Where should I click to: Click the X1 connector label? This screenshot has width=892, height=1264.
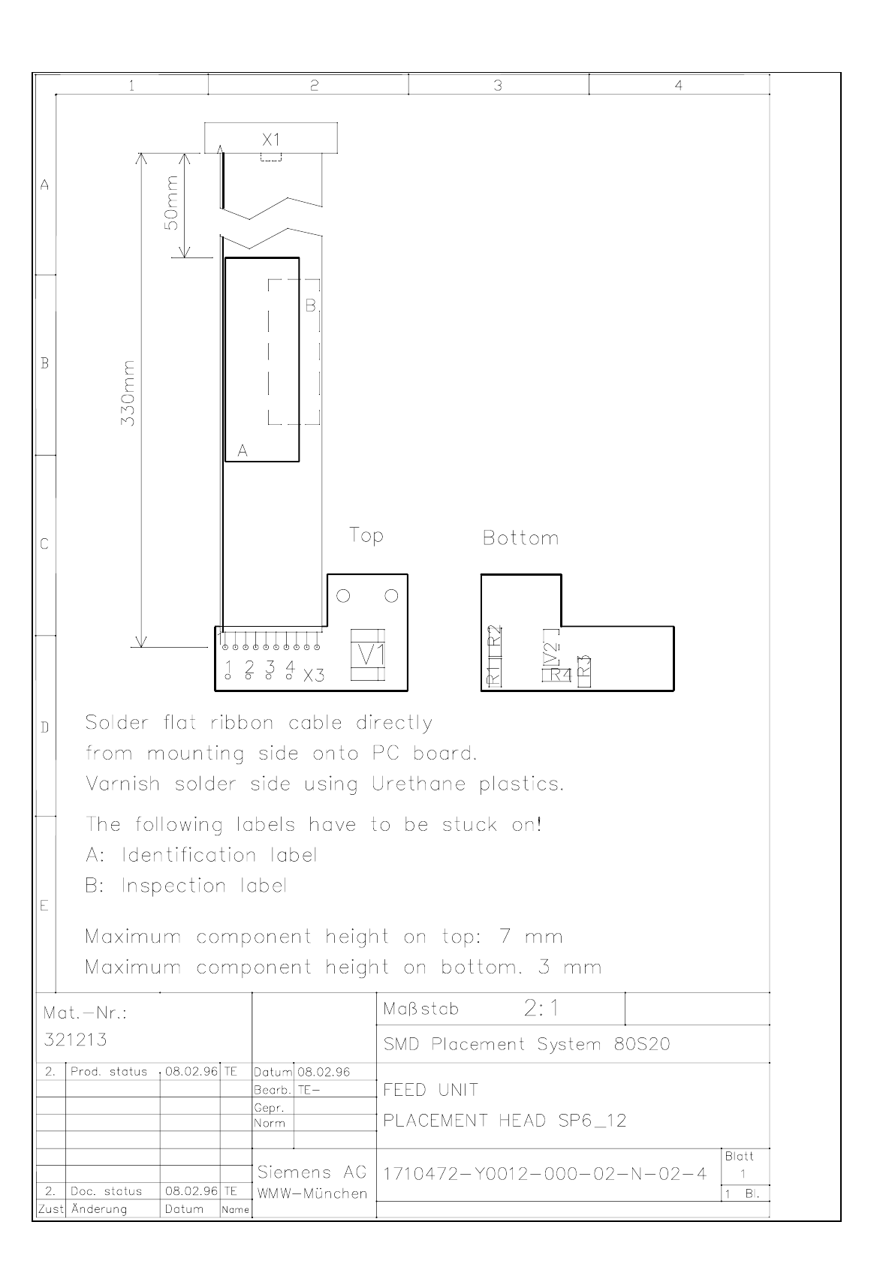click(x=271, y=140)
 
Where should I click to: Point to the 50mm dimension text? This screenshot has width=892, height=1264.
click(x=171, y=203)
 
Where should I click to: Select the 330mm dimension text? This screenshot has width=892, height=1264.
click(x=128, y=393)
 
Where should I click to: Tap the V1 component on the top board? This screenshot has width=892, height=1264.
click(x=367, y=655)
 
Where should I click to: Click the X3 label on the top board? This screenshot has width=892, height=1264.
click(x=314, y=676)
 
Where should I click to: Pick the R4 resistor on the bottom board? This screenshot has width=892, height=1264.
click(x=561, y=674)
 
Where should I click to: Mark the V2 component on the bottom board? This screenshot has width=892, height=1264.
click(x=551, y=655)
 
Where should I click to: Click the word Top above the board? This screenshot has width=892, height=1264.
click(x=366, y=535)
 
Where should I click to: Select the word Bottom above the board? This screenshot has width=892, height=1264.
click(x=520, y=537)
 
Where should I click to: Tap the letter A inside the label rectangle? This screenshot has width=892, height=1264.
click(x=243, y=451)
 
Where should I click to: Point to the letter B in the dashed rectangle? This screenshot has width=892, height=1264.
click(x=311, y=305)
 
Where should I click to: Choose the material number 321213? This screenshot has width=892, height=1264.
click(x=76, y=1040)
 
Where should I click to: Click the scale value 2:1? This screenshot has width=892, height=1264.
click(x=541, y=1008)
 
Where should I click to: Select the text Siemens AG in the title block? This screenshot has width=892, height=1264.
click(x=312, y=1172)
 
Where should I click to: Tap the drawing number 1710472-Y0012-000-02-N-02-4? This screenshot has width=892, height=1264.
click(x=545, y=1174)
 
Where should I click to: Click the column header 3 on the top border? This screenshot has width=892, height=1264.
click(x=498, y=86)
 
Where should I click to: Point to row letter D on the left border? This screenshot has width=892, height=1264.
click(x=44, y=727)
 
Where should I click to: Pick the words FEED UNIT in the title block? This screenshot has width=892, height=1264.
click(x=430, y=1090)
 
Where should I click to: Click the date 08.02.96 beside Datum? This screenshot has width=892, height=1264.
click(x=324, y=1072)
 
